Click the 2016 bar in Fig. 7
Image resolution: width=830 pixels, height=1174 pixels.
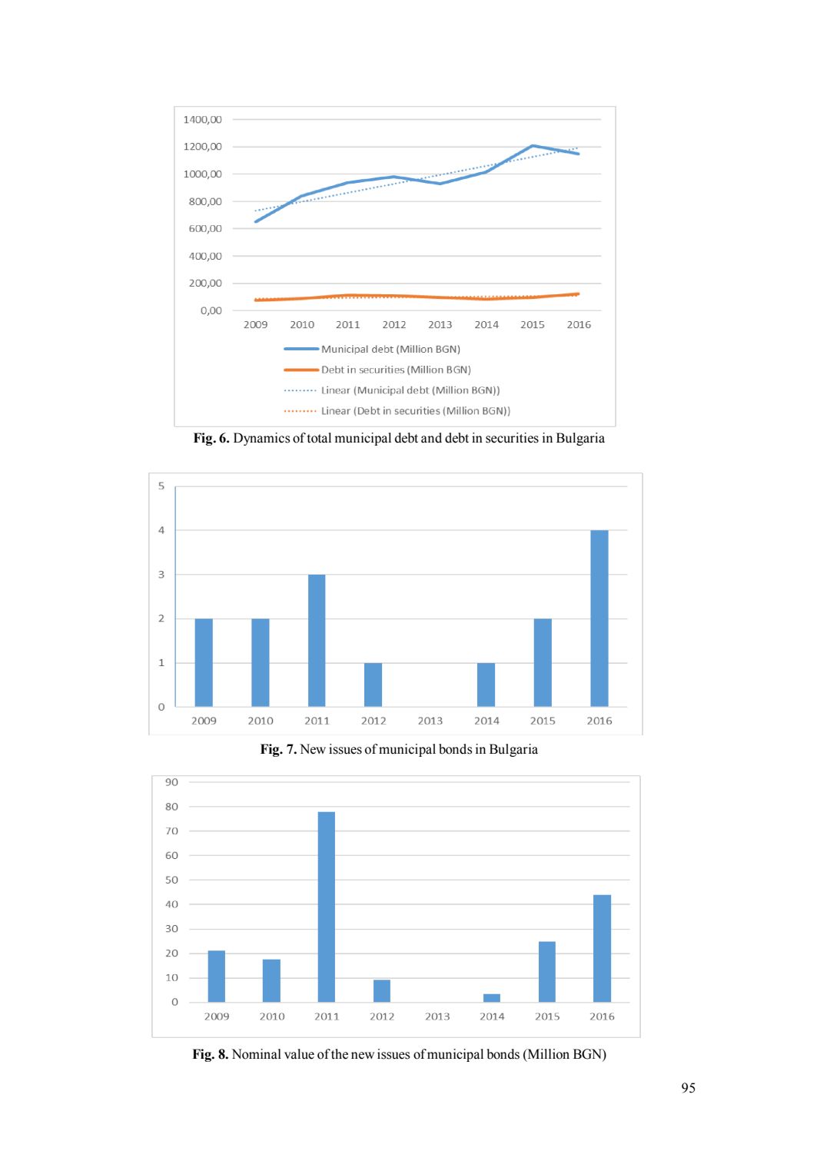(599, 619)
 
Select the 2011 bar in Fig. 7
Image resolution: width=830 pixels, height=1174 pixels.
(317, 640)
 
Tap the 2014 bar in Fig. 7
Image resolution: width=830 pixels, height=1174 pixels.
(486, 685)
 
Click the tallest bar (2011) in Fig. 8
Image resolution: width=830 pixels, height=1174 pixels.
(326, 907)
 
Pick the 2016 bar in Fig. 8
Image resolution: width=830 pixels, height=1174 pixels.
(602, 948)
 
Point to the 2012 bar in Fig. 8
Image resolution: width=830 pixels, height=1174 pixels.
(382, 991)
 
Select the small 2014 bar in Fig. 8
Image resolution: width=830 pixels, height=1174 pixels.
(492, 998)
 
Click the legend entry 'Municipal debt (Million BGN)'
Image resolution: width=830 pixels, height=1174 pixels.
(390, 350)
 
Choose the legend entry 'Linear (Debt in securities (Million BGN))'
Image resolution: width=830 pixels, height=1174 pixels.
(415, 411)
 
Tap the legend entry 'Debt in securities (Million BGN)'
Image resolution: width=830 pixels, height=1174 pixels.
(396, 370)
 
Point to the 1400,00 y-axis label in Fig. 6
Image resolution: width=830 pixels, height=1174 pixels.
(203, 120)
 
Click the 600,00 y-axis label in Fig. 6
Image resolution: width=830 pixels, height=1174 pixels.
(205, 229)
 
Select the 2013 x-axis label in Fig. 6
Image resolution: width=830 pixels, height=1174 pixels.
(440, 325)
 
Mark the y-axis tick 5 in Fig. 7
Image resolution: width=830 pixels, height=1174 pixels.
(161, 486)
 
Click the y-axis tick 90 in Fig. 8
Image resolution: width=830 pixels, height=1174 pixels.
(171, 782)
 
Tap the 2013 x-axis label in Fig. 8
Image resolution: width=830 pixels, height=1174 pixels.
(437, 1016)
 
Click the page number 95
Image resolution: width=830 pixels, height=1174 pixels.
(688, 1088)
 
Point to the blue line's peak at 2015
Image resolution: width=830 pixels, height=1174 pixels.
(533, 146)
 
